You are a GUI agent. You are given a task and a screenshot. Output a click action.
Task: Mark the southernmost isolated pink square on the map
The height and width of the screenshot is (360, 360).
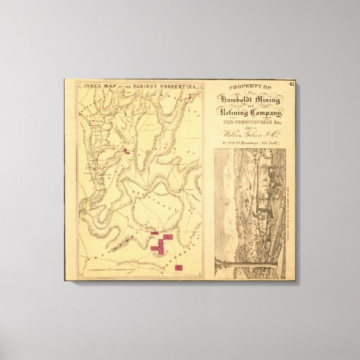tap(178, 267)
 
